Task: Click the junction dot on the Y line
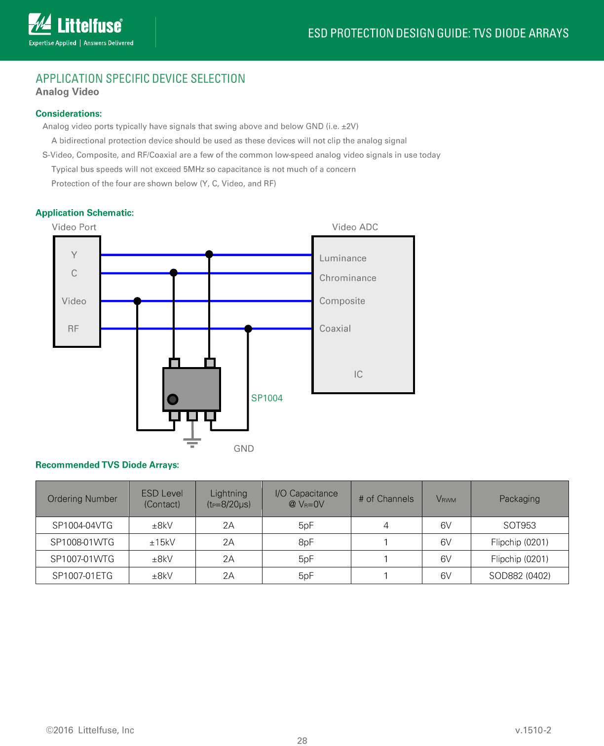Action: (x=209, y=254)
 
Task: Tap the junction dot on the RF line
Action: (x=248, y=329)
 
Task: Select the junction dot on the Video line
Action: (x=137, y=301)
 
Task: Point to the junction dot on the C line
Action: (x=174, y=273)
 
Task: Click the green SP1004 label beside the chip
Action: (x=266, y=398)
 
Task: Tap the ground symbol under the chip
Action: (x=192, y=440)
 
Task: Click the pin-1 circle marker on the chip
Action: (x=173, y=399)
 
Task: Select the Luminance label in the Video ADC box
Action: (x=343, y=258)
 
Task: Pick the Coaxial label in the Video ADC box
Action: (x=335, y=329)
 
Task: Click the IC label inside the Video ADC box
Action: (x=358, y=374)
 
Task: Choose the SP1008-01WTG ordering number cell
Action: (x=82, y=542)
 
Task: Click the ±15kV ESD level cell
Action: (x=162, y=542)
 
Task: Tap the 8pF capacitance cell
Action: (x=306, y=542)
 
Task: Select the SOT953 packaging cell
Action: (x=520, y=525)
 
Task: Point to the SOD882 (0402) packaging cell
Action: (x=520, y=576)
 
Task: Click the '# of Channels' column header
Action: (x=386, y=499)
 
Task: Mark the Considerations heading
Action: (x=69, y=113)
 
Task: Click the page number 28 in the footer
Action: (x=302, y=740)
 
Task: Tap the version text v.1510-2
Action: (x=533, y=730)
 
